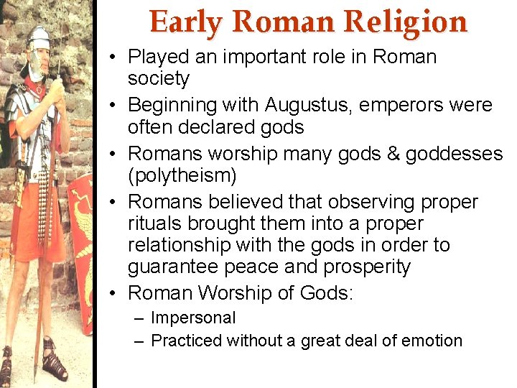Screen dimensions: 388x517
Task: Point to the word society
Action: (158, 78)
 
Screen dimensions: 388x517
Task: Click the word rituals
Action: (155, 223)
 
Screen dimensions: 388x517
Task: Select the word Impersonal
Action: (193, 318)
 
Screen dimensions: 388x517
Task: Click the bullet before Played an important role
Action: (115, 57)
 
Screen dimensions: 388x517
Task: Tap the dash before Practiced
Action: (139, 341)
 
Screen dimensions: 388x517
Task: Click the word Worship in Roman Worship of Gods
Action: (234, 292)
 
